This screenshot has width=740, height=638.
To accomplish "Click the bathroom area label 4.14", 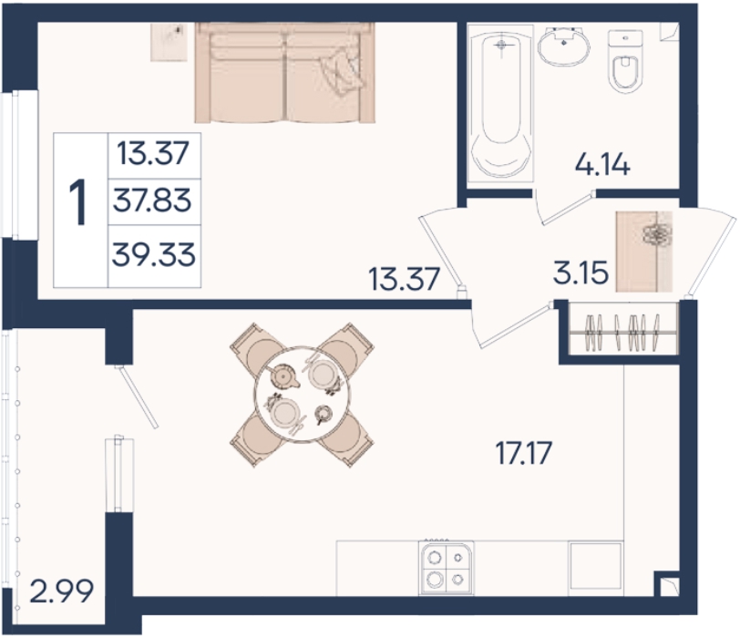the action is coord(602,165).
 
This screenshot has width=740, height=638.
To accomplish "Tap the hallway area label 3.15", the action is coord(581,273).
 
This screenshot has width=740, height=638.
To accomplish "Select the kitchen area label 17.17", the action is coord(523,453).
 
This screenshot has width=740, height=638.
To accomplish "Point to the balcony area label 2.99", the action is coord(61,592).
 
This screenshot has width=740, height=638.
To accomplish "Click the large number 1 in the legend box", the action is coord(78,203).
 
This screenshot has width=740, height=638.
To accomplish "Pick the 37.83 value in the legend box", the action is coord(152,201).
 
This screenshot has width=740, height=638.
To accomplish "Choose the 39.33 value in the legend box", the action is coord(153,255).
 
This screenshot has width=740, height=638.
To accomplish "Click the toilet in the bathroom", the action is coord(625,61).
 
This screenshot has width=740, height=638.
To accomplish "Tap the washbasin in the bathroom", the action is coord(563,46).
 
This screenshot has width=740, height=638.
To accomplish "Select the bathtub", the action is coord(500,102).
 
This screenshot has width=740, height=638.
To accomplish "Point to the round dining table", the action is coord(303,395).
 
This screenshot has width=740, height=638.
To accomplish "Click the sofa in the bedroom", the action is coord(285,72).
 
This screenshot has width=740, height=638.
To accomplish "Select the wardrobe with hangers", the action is coord(623,328).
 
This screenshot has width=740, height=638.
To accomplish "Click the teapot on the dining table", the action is coord(283,376).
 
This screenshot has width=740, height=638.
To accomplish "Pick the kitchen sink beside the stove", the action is coord(596,565).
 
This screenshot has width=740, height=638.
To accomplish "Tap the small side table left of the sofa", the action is coord(169,42).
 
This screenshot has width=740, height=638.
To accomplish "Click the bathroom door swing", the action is coord(563,207).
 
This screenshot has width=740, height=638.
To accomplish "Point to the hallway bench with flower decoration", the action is coord(643,252).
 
